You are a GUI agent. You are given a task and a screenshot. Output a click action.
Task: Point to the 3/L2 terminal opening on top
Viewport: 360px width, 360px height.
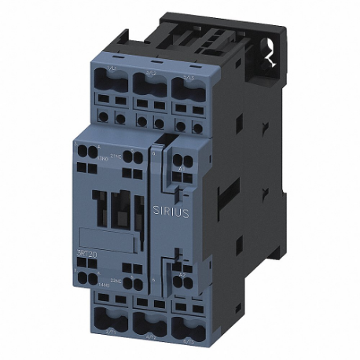149,80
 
